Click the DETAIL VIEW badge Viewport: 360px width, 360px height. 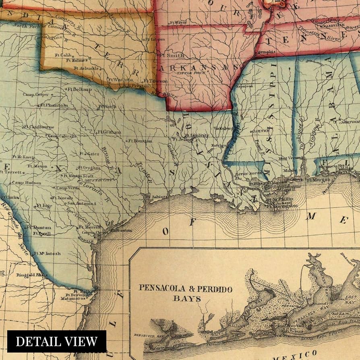[57, 341]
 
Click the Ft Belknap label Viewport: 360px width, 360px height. [77, 89]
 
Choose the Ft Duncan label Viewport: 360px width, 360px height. [39, 227]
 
